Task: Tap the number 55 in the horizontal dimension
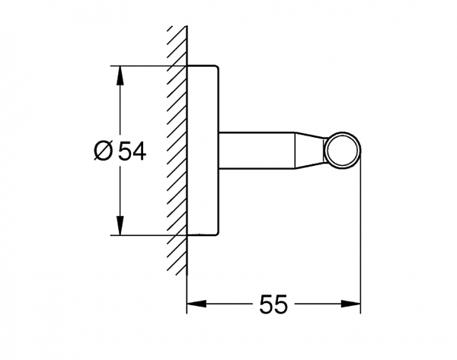click(x=273, y=304)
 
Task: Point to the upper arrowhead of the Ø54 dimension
click(x=119, y=75)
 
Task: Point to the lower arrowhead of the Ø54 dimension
click(x=119, y=226)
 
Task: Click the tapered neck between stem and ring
click(x=311, y=150)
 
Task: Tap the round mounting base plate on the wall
click(x=203, y=150)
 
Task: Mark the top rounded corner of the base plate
click(x=217, y=69)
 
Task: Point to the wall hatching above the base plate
click(x=177, y=46)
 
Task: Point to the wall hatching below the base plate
click(x=177, y=255)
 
